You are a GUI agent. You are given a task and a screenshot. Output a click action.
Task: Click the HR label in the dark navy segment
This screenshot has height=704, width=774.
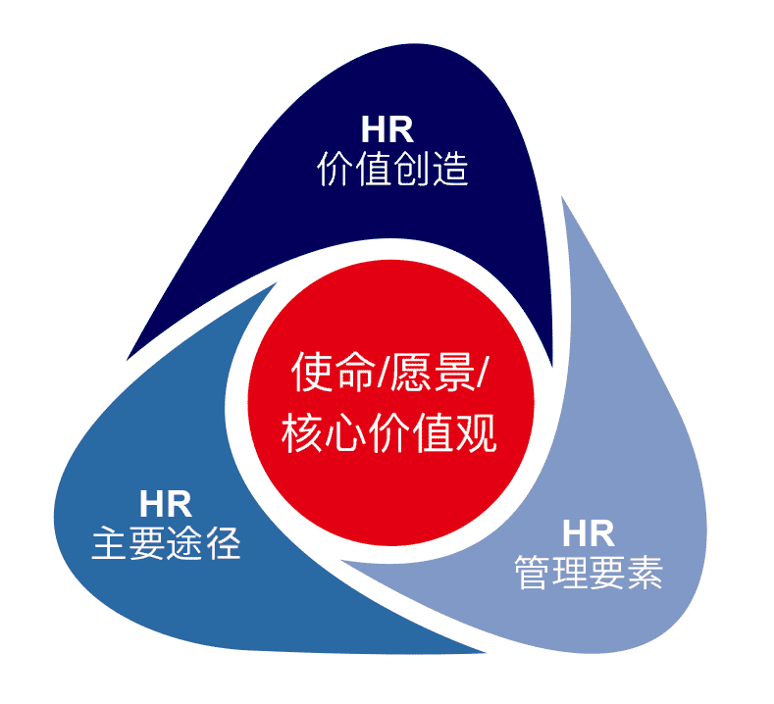pyautogui.click(x=387, y=130)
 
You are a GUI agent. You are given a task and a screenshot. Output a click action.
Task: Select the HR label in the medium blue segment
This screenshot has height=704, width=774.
pyautogui.click(x=166, y=505)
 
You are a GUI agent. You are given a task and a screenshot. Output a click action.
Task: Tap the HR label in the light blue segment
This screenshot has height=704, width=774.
pyautogui.click(x=589, y=534)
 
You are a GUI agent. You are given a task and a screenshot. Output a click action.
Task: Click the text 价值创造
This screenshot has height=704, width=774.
pyautogui.click(x=391, y=171)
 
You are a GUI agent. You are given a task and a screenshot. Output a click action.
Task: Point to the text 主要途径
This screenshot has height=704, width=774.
pyautogui.click(x=166, y=544)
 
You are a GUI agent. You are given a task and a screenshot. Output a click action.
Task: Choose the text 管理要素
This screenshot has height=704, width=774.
pyautogui.click(x=589, y=574)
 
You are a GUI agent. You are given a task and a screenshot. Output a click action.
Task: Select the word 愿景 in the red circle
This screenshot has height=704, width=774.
pyautogui.click(x=433, y=373)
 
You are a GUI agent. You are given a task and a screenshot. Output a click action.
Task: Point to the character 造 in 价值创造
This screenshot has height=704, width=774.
pyautogui.click(x=450, y=171)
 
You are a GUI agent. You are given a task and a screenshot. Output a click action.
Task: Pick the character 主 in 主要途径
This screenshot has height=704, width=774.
pyautogui.click(x=108, y=544)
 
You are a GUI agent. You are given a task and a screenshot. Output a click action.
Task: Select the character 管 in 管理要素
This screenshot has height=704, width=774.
pyautogui.click(x=531, y=574)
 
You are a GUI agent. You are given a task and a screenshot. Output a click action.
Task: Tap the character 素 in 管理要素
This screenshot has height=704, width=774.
pyautogui.click(x=646, y=574)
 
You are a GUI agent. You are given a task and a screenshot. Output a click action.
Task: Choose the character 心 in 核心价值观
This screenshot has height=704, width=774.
pyautogui.click(x=346, y=432)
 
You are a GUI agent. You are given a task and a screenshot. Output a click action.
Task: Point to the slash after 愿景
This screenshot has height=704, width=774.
pyautogui.click(x=484, y=374)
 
